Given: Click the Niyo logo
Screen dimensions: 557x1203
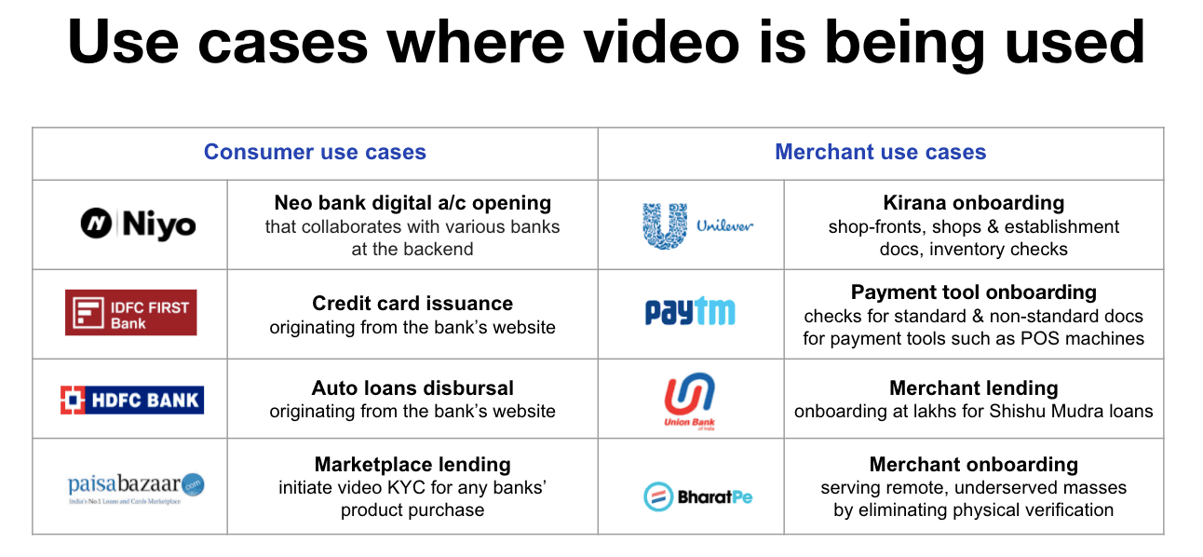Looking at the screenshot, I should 138,224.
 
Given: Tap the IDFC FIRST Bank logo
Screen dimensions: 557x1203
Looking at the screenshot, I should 130,313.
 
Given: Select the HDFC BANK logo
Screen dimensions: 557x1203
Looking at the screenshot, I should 131,400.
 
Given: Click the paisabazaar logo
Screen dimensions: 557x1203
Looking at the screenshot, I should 136,487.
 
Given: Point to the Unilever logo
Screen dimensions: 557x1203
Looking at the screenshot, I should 696,225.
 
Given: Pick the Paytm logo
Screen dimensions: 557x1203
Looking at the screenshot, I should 690,312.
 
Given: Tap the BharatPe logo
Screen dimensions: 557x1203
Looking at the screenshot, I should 697,496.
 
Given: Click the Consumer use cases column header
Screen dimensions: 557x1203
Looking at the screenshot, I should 315,153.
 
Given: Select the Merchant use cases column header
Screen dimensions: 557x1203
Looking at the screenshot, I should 880,153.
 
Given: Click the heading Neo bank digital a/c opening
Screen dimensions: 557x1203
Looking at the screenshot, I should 412,203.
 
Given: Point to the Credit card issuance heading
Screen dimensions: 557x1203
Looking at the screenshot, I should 412,304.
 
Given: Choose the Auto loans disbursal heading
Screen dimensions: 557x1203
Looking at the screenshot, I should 412,388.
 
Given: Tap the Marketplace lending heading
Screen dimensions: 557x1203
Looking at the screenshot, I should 412,465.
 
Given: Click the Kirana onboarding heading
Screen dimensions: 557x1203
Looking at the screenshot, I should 973,203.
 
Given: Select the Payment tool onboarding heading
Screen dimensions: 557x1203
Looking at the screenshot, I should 973,292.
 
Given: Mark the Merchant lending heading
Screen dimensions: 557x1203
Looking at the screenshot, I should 973,388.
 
